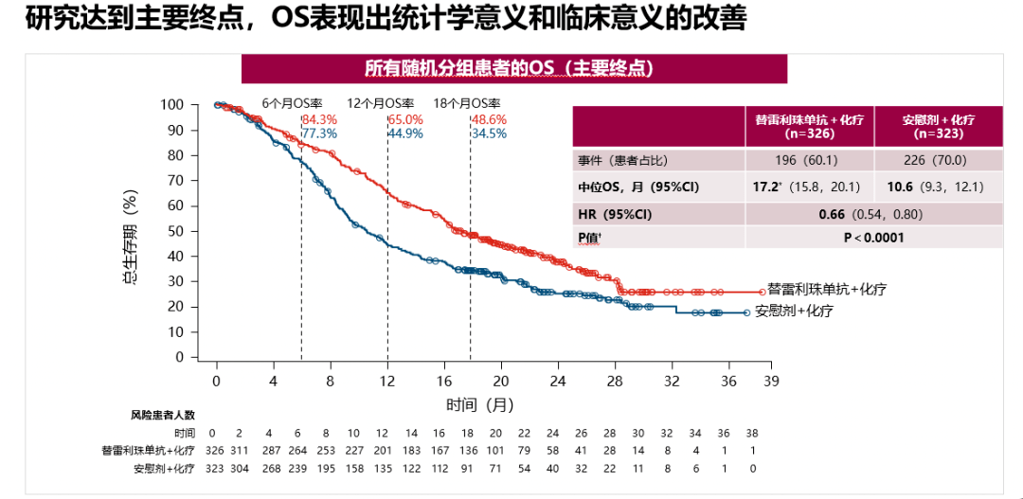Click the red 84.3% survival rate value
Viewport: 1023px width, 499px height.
tap(319, 119)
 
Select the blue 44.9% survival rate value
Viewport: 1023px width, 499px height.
tap(405, 134)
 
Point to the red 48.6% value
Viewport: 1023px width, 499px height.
tap(489, 119)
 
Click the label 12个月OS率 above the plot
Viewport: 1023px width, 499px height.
tap(381, 103)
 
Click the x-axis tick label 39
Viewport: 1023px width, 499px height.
tap(771, 381)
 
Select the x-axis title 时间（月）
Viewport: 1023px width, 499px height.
tap(480, 404)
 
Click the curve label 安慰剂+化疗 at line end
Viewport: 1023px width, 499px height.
tap(794, 311)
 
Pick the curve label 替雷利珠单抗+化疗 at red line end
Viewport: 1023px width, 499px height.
tap(827, 289)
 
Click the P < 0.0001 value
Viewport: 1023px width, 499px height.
tap(873, 238)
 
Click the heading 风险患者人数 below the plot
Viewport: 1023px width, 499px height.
tap(162, 415)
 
